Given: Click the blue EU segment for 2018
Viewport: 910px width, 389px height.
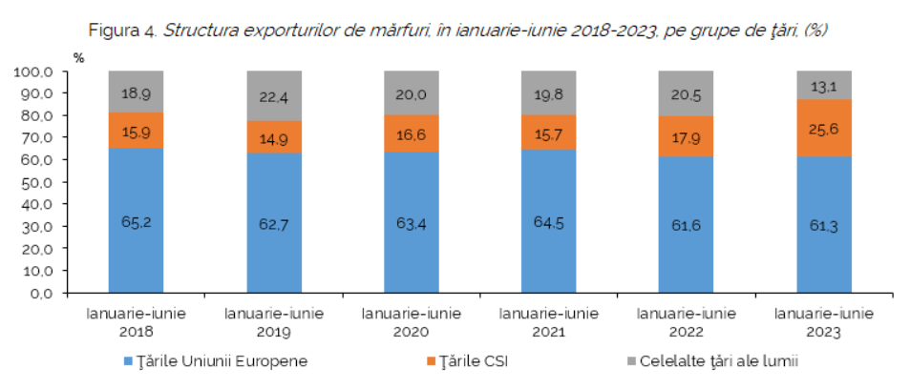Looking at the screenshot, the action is tap(136, 221).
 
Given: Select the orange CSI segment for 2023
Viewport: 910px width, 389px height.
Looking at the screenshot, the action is tap(824, 128).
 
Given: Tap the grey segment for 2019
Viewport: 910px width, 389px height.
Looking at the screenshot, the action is tap(274, 95).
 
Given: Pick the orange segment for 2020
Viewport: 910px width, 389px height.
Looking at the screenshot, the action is tap(412, 133).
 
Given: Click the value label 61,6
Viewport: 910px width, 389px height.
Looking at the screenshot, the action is tap(687, 226).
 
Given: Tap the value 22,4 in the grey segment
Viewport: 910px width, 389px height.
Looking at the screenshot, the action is tap(274, 97).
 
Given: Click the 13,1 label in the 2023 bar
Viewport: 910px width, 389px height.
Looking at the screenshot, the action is tap(824, 87).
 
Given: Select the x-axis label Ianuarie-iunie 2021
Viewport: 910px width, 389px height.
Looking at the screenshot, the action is tap(549, 322).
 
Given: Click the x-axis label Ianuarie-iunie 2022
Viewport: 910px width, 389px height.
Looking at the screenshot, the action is tap(687, 322).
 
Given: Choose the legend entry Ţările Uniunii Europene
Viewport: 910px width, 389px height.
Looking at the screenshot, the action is tap(217, 361).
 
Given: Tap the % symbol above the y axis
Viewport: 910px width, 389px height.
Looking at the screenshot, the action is tap(79, 58).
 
